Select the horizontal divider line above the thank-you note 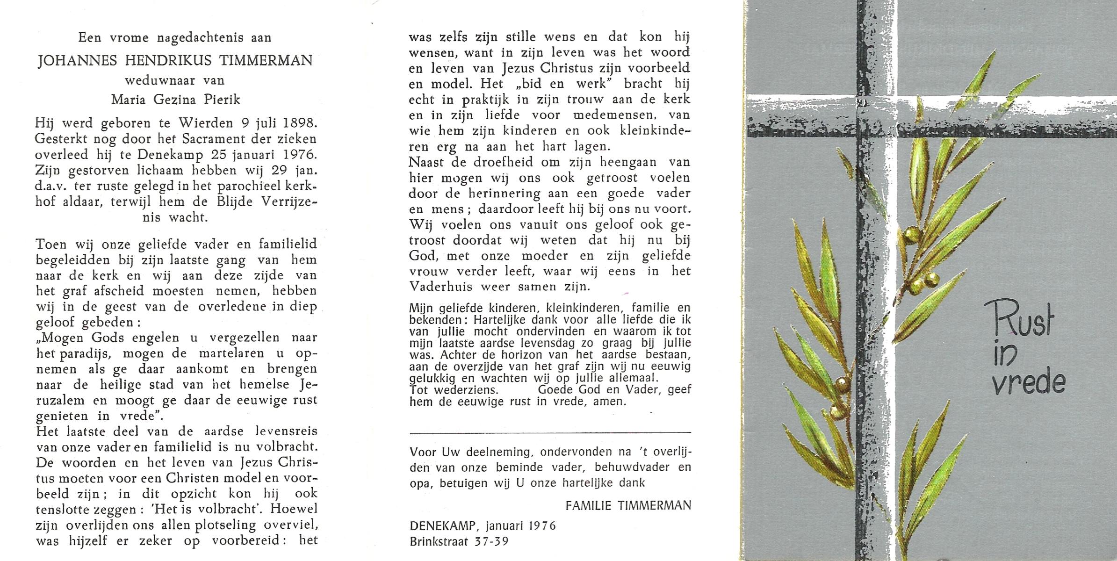(550, 433)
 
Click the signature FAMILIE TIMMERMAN (627, 505)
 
